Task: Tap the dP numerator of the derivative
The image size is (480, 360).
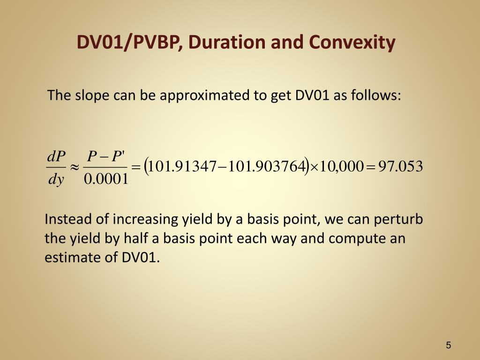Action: pos(57,157)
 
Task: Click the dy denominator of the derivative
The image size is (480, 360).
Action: pos(56,179)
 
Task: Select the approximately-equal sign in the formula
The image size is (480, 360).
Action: pos(74,167)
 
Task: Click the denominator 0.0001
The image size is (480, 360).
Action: pos(105,179)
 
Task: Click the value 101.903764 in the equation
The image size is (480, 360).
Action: pos(272,166)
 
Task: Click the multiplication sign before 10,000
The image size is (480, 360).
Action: pos(315,167)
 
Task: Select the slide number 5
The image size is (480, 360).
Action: pos(449,345)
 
